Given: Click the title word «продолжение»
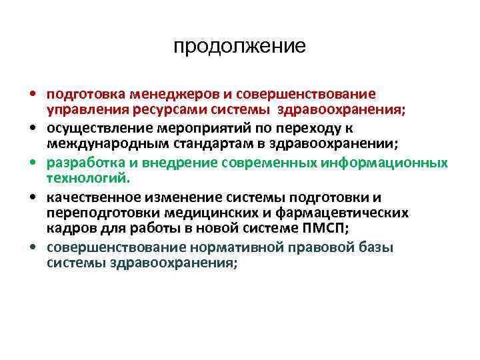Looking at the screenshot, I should pos(239,46).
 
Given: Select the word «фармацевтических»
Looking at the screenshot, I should pos(353,213).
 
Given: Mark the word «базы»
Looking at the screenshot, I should pos(375,247).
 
